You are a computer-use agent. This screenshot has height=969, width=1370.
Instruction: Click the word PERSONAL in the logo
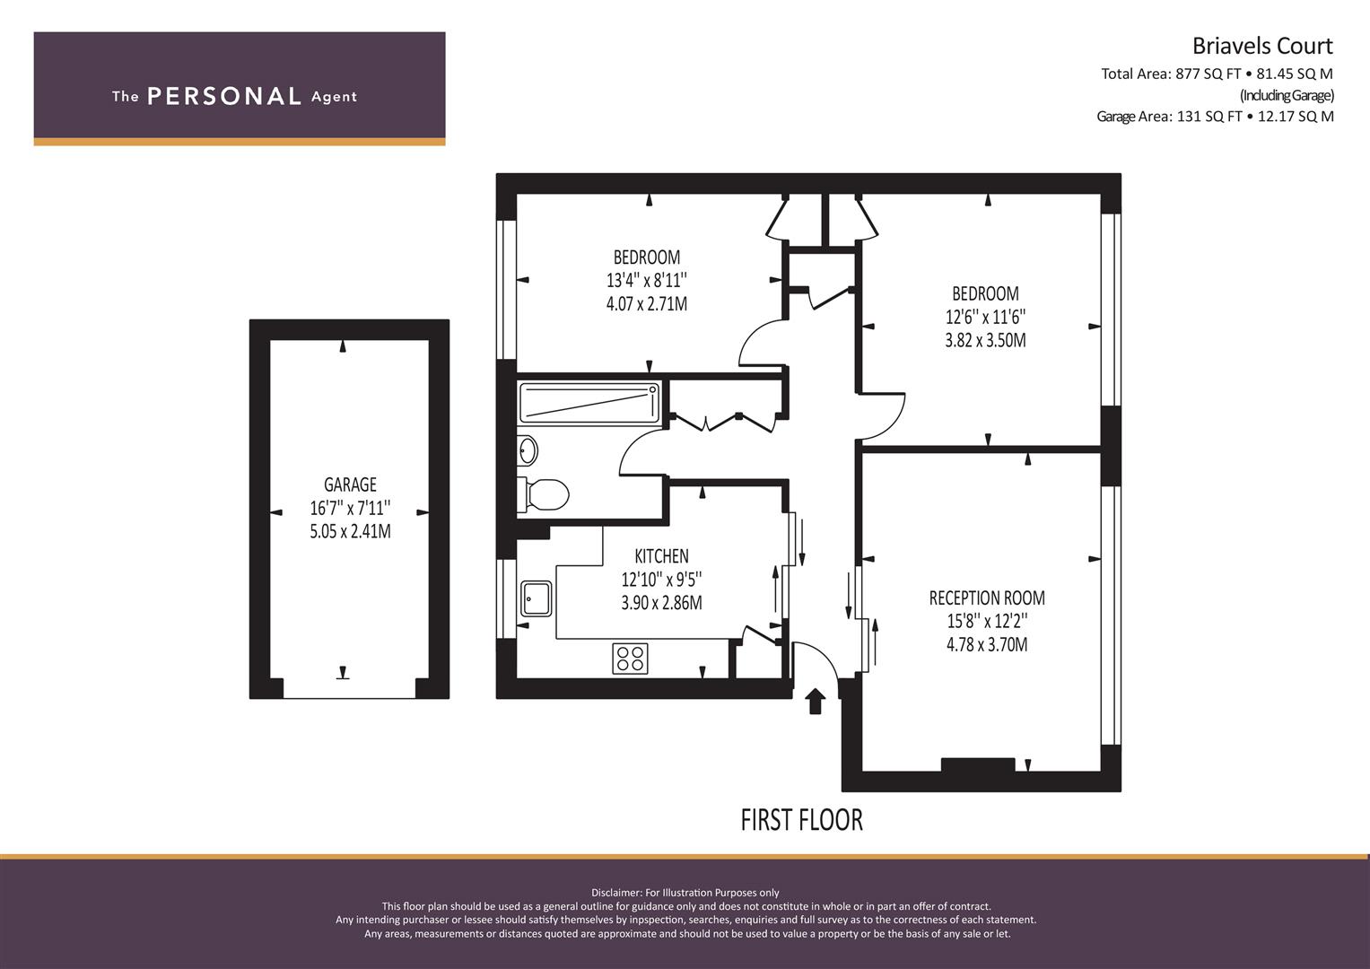coord(224,96)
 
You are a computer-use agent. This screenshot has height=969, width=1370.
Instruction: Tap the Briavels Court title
coord(1262,46)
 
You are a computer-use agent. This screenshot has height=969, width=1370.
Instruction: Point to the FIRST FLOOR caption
coord(801,820)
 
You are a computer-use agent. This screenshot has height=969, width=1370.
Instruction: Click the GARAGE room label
coord(350,484)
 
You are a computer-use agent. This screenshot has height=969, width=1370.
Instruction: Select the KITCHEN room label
coord(662,556)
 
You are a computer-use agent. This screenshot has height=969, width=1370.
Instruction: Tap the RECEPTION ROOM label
coord(987,598)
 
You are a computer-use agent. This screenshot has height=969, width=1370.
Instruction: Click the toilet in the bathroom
coord(543,494)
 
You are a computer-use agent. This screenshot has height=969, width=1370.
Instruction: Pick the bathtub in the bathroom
coord(589,403)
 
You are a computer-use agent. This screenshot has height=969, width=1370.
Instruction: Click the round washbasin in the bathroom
coord(527,450)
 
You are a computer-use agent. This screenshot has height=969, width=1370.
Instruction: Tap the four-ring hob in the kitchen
coord(630,659)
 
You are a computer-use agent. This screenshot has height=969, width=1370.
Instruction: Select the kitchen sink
coord(537,598)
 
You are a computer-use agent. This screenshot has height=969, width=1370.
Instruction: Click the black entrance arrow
coord(816,701)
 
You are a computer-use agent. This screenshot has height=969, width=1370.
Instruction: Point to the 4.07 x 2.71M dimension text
coord(647,304)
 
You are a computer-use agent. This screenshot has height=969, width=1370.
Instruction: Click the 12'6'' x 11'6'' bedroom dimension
coord(985,317)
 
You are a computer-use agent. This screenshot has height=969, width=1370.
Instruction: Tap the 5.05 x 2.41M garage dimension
coord(350,531)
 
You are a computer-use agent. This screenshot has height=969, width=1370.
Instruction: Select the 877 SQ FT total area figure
coord(1208,74)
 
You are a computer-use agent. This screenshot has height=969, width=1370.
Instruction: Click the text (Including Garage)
coord(1287,95)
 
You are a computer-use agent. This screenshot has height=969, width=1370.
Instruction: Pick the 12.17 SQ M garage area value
coord(1296,117)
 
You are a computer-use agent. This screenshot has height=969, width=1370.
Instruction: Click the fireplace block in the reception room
coord(978,764)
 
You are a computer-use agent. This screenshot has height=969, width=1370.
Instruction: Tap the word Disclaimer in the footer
coord(616,893)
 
